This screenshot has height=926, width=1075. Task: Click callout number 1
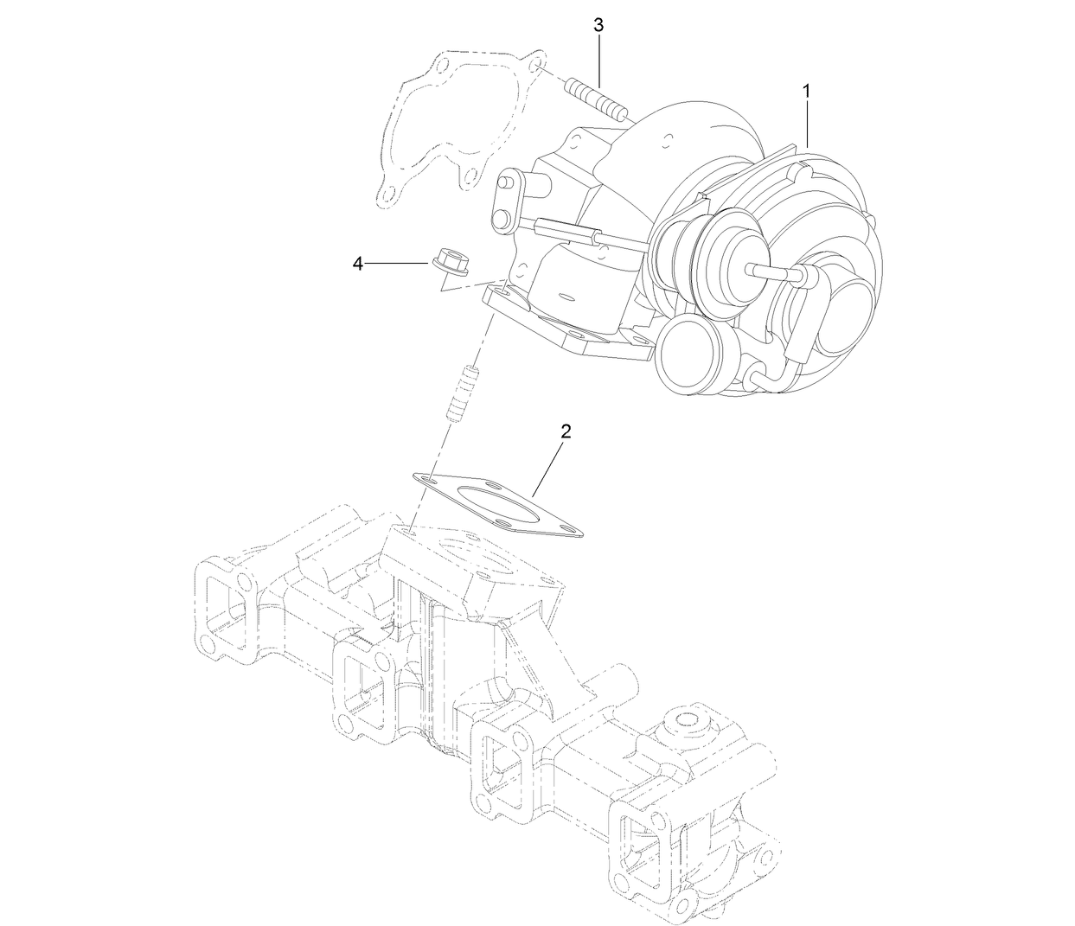click(806, 90)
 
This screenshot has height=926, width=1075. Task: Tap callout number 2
click(566, 431)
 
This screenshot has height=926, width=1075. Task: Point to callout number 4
click(358, 264)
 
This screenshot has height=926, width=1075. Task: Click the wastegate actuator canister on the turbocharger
click(709, 251)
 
